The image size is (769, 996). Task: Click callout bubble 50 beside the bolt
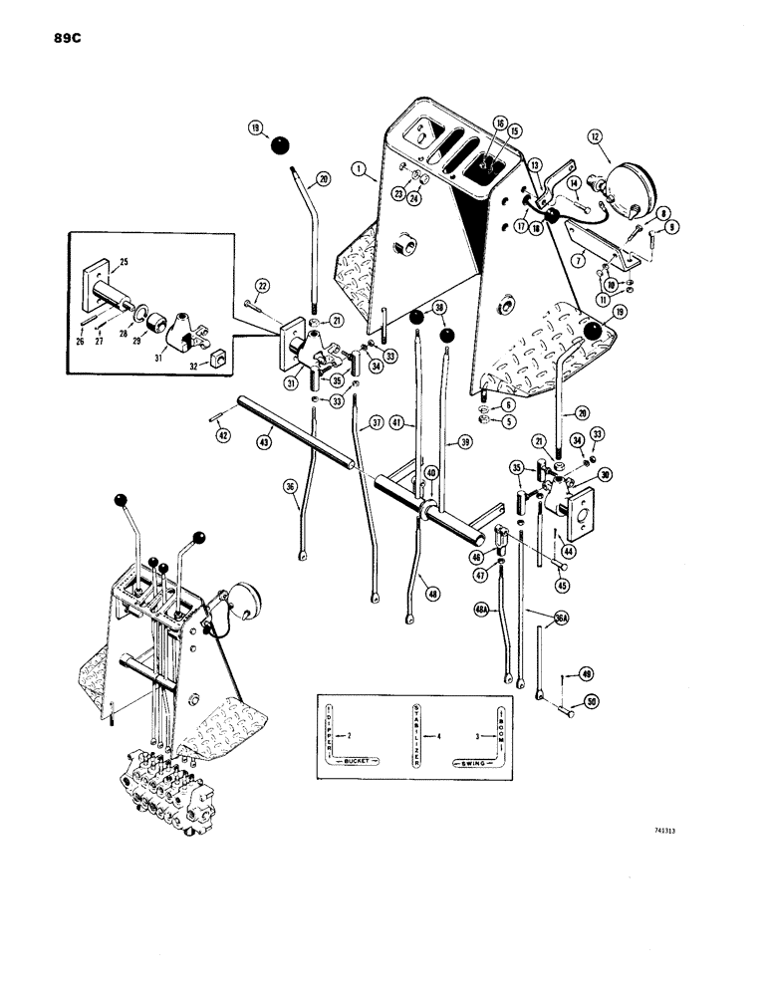click(x=590, y=701)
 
